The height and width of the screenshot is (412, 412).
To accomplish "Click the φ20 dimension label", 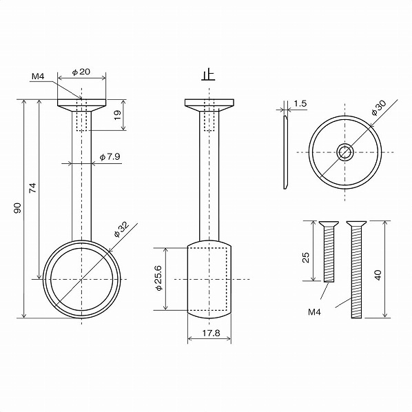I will click(81, 72).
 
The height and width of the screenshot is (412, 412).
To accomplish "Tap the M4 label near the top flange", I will click(38, 76).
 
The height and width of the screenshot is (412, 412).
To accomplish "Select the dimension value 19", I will click(117, 115).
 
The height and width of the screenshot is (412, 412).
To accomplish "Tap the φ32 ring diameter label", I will click(122, 229).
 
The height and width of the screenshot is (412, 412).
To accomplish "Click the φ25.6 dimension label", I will click(158, 278).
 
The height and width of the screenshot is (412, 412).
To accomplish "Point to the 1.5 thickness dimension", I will click(299, 103).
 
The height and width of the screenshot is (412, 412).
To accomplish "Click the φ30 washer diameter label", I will click(378, 107).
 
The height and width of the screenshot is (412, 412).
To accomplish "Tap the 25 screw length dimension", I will click(306, 258).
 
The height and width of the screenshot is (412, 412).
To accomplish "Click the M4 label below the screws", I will click(314, 311).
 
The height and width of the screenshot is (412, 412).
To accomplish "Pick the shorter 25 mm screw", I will click(329, 252).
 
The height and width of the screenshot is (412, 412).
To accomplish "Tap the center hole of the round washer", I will click(344, 152).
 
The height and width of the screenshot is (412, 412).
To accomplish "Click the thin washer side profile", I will click(285, 152).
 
